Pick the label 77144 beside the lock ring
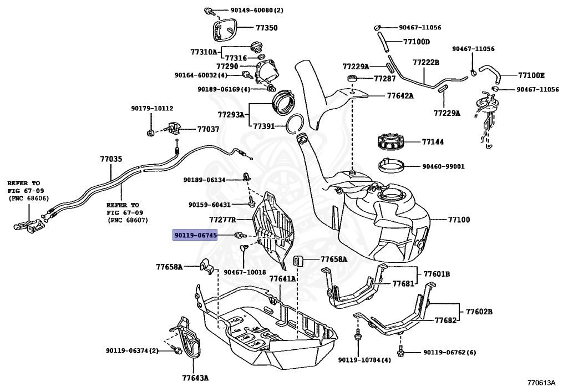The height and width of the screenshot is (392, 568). [x=433, y=142]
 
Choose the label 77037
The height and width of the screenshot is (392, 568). [x=208, y=129]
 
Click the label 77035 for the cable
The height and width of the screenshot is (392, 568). [x=110, y=159]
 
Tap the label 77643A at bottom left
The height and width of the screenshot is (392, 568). [x=195, y=378]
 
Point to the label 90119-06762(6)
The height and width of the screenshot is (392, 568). [x=449, y=352]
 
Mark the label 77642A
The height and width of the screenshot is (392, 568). [x=400, y=95]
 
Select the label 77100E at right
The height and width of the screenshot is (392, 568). [x=531, y=75]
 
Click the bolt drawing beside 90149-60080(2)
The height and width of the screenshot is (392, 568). [x=210, y=11]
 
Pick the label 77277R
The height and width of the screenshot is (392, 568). [x=222, y=220]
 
